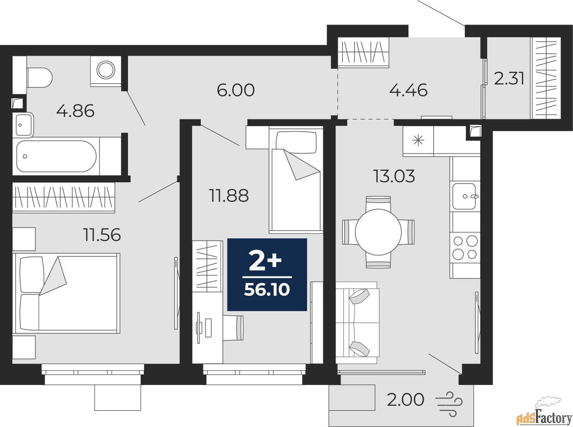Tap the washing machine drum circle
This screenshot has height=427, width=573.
click(x=106, y=70)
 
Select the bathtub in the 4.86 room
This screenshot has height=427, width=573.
click(x=57, y=156)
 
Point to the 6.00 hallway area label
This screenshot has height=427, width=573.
click(x=236, y=90)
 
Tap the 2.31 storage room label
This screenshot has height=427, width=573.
click(x=509, y=79)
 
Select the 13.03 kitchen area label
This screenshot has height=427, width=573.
click(x=394, y=176)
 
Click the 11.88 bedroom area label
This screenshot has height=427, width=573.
click(x=229, y=195)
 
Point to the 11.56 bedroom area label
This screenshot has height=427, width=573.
click(x=102, y=235)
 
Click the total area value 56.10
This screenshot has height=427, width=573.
click(x=267, y=290)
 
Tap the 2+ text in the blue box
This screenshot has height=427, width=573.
click(x=265, y=261)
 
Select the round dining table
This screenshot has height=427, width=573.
click(x=378, y=232)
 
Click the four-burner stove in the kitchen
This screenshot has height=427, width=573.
click(x=465, y=247)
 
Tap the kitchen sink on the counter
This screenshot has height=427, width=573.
click(x=464, y=196)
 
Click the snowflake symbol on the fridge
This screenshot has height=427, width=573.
click(x=418, y=141)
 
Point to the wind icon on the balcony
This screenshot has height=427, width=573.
click(x=449, y=408)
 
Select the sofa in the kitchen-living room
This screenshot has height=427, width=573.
click(x=358, y=323)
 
